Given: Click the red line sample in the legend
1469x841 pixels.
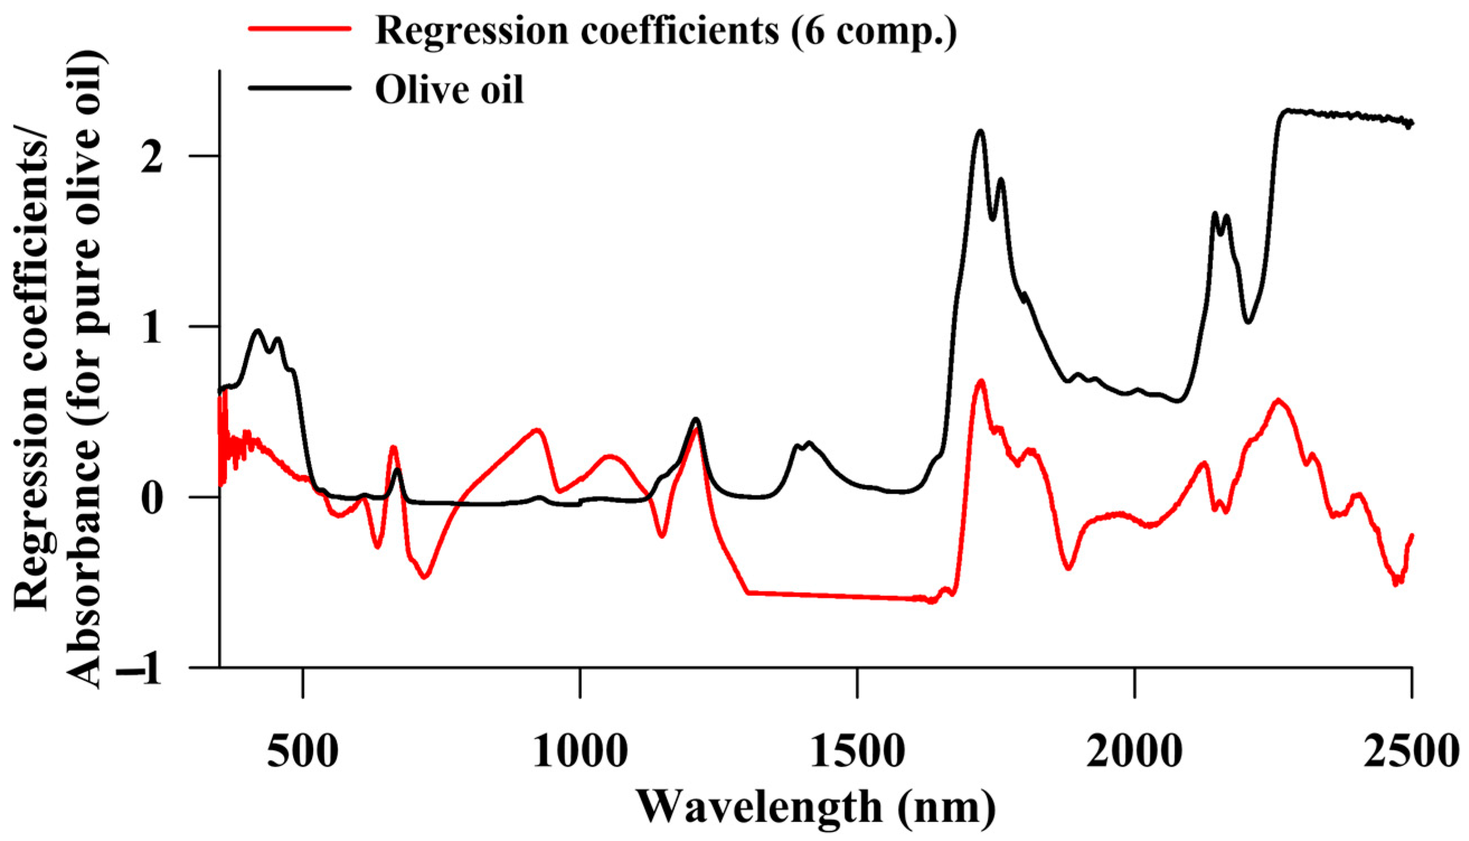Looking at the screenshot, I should tap(300, 28).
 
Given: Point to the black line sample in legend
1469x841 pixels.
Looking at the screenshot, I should tap(300, 88).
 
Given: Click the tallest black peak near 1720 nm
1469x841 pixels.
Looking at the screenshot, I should tap(980, 131).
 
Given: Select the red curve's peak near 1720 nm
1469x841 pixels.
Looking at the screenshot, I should tap(980, 381).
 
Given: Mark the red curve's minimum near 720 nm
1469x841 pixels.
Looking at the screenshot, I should tap(424, 577).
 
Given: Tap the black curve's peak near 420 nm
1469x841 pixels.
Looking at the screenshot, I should tap(258, 330).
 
